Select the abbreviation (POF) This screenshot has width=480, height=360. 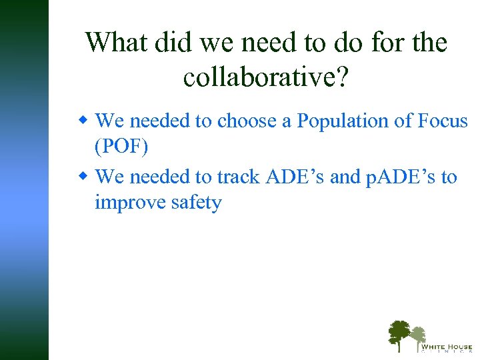click(121, 147)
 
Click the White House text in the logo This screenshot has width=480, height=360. click(446, 346)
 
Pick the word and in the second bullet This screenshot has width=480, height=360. click(345, 177)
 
